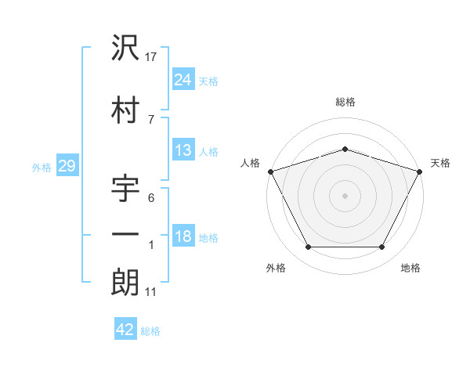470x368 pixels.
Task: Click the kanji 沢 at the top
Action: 125,49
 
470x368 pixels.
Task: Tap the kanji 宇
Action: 125,189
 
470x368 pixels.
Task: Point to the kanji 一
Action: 125,234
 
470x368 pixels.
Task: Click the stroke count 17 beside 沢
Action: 151,57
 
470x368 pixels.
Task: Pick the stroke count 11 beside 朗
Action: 150,292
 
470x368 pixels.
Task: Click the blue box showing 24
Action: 183,79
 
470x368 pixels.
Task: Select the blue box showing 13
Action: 183,150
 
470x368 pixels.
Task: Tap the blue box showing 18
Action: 183,236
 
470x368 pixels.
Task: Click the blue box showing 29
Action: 67,167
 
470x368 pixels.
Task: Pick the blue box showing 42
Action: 125,330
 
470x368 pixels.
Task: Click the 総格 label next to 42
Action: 150,331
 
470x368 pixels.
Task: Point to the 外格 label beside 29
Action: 42,168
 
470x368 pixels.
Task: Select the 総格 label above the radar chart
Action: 345,102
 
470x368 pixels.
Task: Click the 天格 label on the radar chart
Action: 440,163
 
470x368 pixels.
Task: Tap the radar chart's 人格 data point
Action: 270,171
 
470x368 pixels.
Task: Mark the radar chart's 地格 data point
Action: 382,247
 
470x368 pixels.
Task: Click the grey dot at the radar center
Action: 345,195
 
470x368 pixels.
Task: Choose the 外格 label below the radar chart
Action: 276,268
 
